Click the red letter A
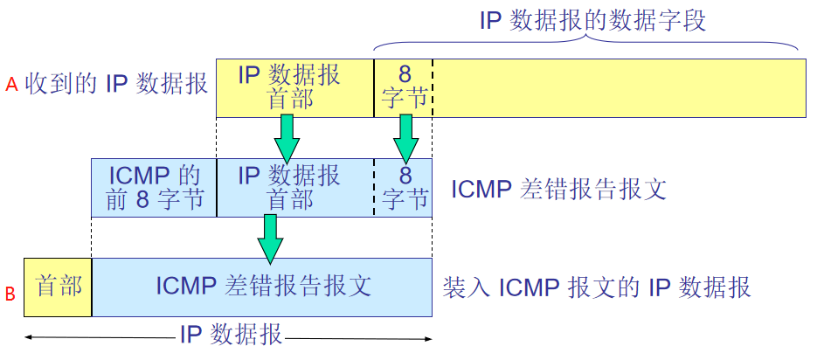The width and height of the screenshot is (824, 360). click(11, 85)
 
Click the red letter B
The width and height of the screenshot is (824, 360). click(10, 294)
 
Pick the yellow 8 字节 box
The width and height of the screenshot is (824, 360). click(403, 87)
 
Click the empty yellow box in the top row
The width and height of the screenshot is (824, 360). click(619, 87)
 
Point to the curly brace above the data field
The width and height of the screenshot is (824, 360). click(586, 44)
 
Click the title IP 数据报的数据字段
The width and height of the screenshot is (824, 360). click(592, 20)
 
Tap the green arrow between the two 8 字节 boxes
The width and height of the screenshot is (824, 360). click(404, 137)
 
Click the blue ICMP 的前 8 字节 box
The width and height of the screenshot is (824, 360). click(153, 187)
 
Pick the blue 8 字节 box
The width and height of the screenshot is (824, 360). click(403, 187)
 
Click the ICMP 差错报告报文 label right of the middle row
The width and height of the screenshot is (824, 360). click(558, 189)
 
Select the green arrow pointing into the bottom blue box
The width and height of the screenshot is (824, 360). click(271, 238)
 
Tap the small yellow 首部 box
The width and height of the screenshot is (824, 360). click(58, 287)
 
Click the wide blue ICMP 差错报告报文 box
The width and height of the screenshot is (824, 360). click(262, 287)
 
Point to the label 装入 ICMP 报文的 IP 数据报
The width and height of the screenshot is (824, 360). click(597, 287)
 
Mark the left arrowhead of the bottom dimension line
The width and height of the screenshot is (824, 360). click(29, 336)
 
